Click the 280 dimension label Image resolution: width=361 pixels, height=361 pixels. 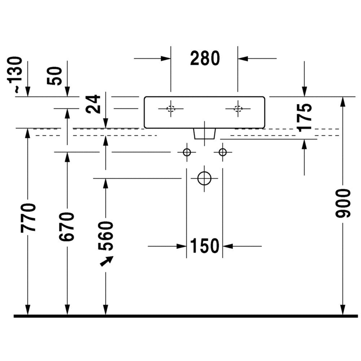(205, 58)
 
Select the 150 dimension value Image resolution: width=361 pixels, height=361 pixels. (204, 246)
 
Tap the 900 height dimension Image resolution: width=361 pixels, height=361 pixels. (343, 203)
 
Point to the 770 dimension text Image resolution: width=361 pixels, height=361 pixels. (28, 217)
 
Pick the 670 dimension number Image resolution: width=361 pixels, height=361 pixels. (67, 227)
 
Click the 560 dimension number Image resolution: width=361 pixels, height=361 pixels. (106, 236)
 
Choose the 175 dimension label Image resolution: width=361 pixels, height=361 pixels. (305, 117)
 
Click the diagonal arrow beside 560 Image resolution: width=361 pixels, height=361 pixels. (106, 261)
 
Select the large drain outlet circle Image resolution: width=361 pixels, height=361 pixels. (204, 178)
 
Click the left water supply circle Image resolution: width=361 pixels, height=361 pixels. (187, 152)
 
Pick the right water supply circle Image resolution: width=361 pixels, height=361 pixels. (222, 152)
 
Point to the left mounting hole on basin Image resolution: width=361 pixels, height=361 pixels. (171, 108)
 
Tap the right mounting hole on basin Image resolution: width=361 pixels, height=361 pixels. (238, 108)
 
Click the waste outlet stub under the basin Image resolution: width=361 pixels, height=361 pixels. (204, 134)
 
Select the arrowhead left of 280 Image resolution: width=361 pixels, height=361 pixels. (166, 58)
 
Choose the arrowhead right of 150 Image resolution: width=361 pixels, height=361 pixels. (227, 246)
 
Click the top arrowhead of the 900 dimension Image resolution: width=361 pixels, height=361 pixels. (343, 101)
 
